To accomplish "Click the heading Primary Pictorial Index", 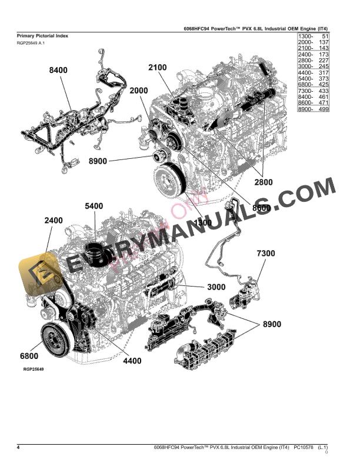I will pyautogui.click(x=42, y=36).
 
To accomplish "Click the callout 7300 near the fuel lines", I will pyautogui.click(x=265, y=253).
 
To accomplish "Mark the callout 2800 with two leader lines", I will pyautogui.click(x=263, y=182).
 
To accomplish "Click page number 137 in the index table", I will pyautogui.click(x=322, y=43).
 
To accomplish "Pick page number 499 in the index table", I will pyautogui.click(x=322, y=109).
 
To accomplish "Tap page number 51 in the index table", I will pyautogui.click(x=324, y=36).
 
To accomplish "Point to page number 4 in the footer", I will pyautogui.click(x=19, y=448).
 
